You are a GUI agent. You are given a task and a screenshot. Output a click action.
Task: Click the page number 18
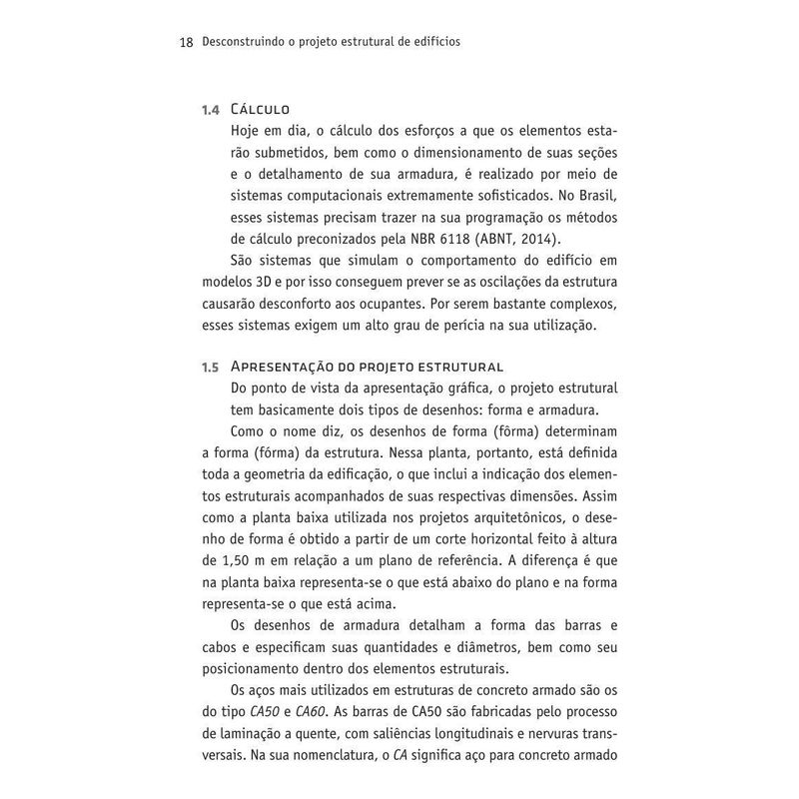[x=185, y=44]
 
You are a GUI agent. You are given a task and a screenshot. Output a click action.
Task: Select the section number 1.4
[x=211, y=108]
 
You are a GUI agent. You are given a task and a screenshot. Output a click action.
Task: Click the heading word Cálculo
[x=260, y=108]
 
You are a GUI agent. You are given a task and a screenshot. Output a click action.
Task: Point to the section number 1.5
[x=211, y=367]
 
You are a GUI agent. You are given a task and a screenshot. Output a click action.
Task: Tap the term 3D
[x=275, y=282]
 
